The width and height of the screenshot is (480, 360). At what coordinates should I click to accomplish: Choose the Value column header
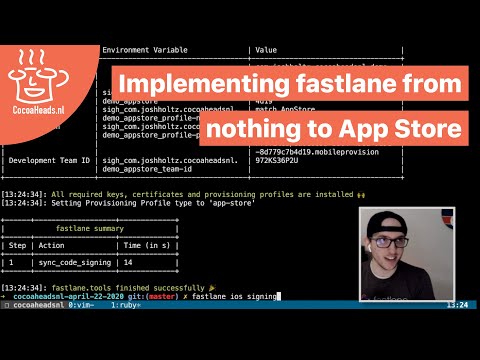click(x=267, y=48)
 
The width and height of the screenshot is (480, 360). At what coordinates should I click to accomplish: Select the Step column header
click(x=18, y=244)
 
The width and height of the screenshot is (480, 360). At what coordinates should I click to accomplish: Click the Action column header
click(x=58, y=244)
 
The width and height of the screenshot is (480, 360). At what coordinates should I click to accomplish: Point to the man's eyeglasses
click(x=409, y=245)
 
